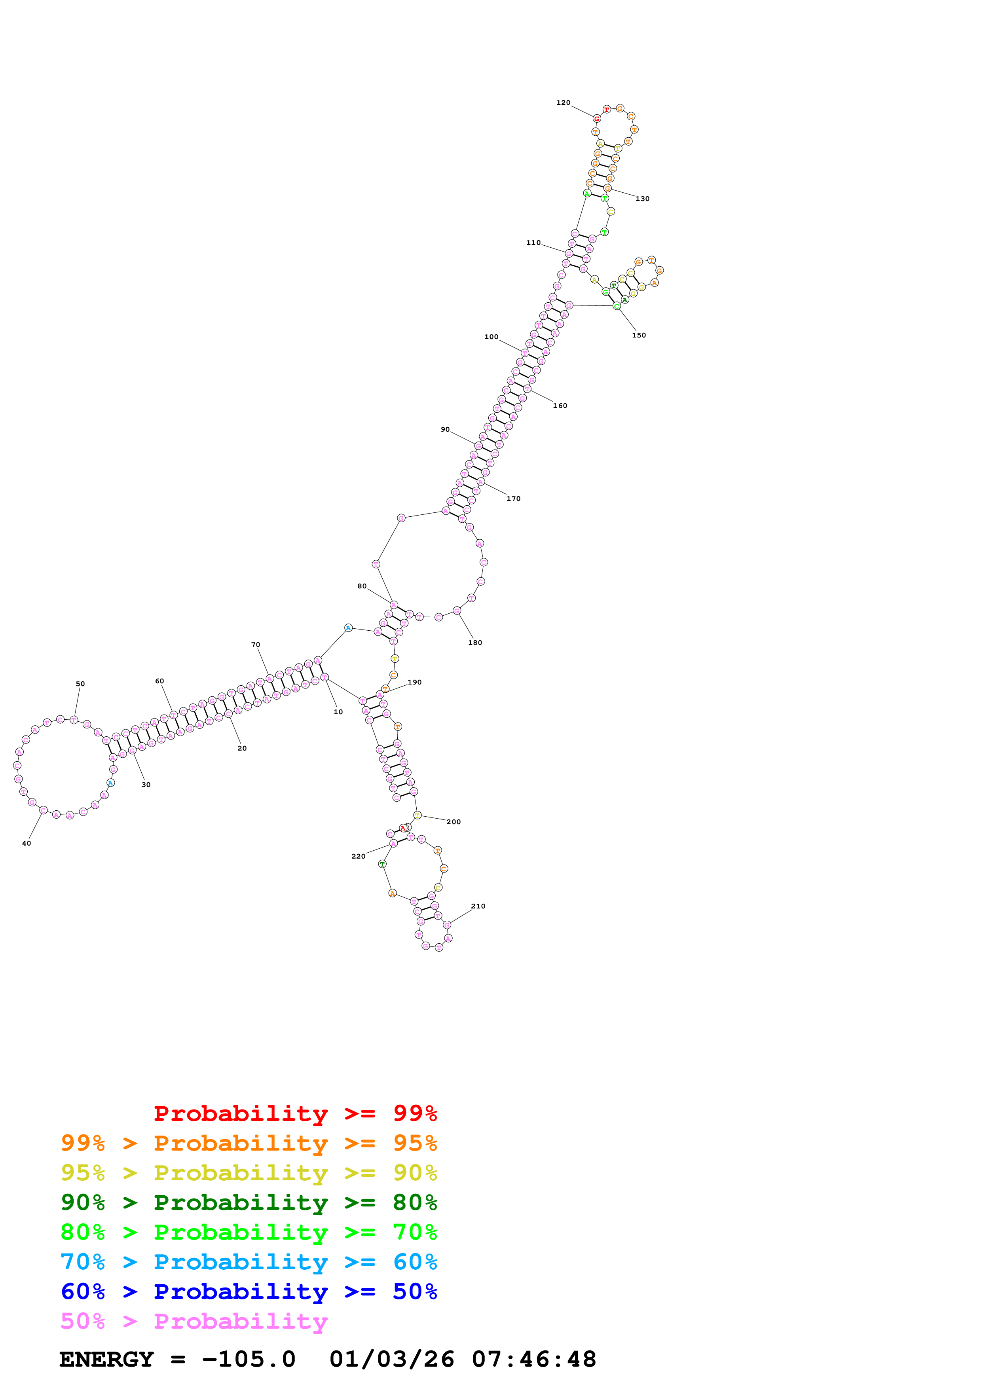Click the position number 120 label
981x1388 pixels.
click(563, 103)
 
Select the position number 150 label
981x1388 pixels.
click(638, 336)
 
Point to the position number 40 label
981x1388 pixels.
click(27, 843)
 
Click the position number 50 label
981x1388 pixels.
click(80, 684)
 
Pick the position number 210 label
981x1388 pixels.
click(478, 906)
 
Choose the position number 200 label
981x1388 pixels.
click(453, 822)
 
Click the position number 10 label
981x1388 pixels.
click(338, 712)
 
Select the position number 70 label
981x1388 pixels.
click(256, 645)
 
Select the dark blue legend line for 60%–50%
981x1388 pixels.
click(249, 1291)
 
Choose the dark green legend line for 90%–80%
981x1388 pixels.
click(249, 1202)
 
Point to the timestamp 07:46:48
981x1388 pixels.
click(534, 1359)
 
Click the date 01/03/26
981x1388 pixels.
click(392, 1359)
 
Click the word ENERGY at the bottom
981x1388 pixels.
click(106, 1359)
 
